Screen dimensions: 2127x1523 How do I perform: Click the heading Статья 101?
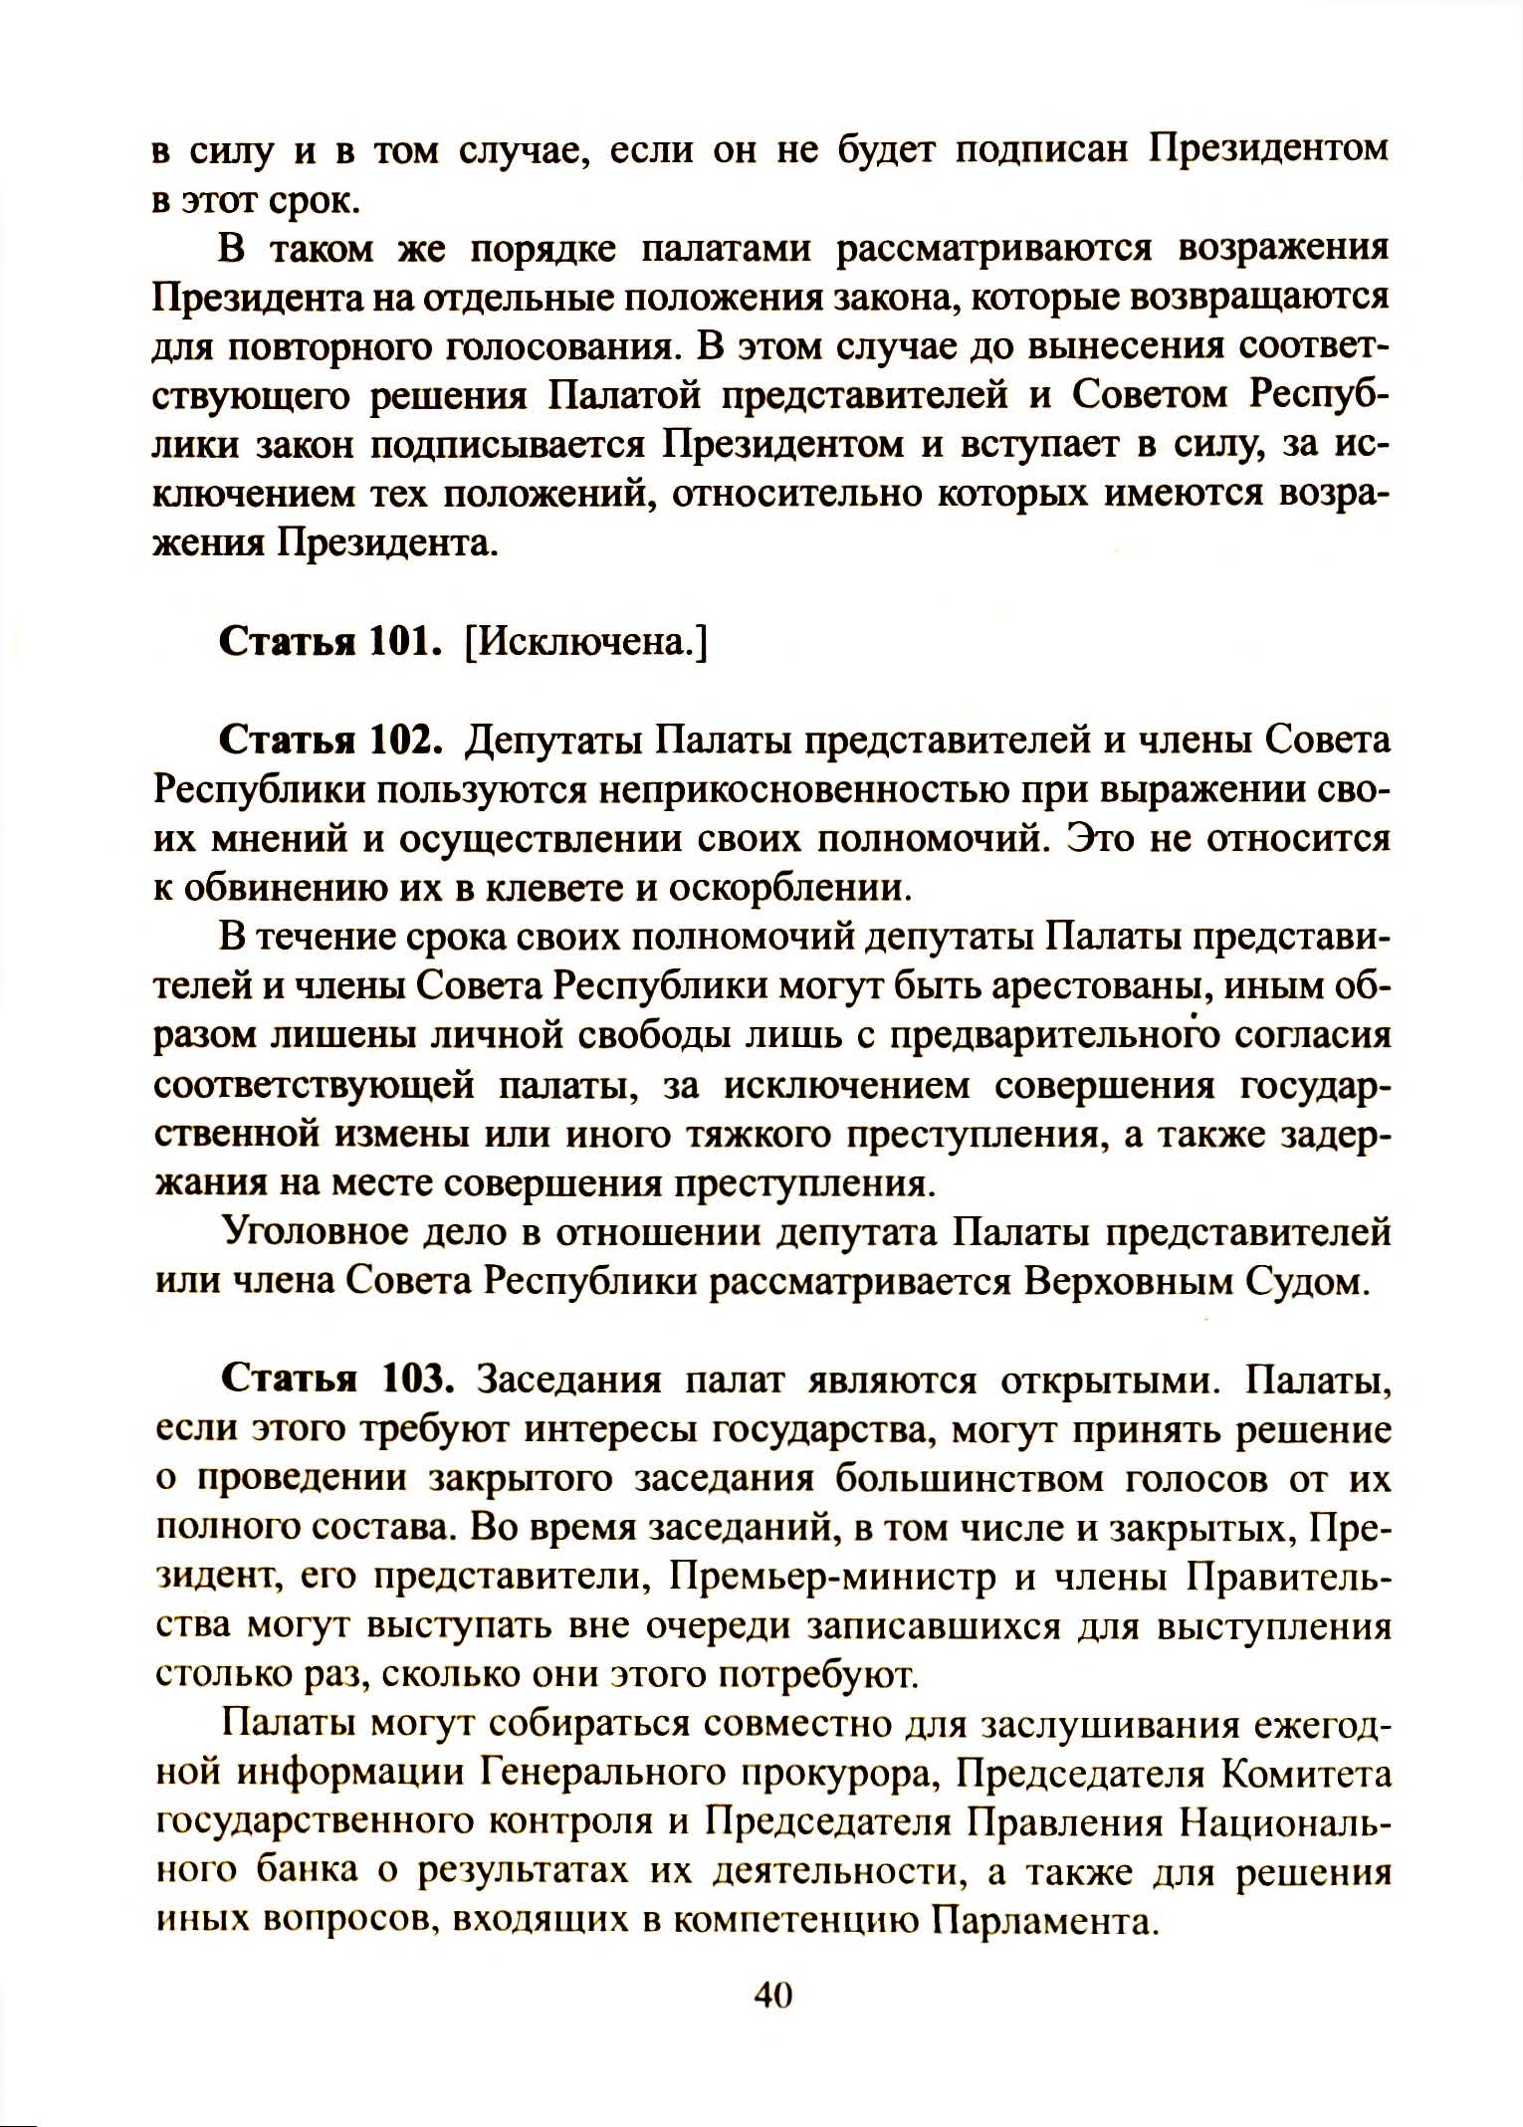tap(329, 642)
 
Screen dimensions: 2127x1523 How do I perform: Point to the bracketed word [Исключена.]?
tap(585, 643)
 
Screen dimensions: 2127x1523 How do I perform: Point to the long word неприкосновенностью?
tap(790, 790)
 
